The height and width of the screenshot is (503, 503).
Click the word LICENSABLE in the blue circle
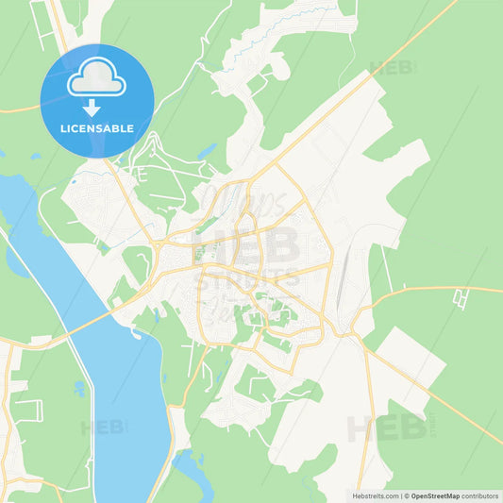96,127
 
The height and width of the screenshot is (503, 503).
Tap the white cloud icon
96,79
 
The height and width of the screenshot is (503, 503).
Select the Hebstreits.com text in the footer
372,495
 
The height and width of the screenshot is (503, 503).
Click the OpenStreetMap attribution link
434,495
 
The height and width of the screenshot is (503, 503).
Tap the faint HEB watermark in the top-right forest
394,68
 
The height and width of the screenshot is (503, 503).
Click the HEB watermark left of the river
104,428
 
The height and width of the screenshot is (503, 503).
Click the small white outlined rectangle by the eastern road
461,298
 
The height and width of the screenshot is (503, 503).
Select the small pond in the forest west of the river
18,260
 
